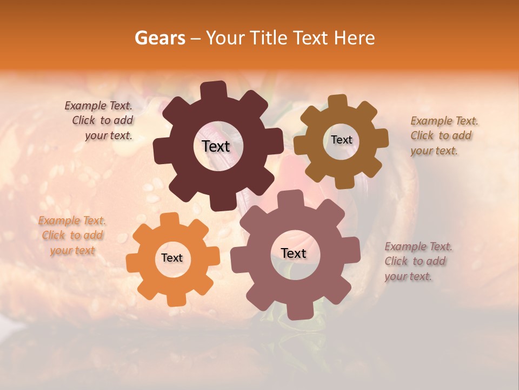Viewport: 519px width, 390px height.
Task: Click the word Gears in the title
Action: (x=159, y=38)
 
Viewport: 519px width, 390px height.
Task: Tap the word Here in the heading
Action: (x=355, y=38)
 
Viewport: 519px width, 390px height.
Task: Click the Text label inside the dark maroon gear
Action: (x=216, y=146)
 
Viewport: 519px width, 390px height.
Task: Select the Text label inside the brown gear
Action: (x=341, y=140)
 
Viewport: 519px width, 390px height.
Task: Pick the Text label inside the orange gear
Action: (x=172, y=258)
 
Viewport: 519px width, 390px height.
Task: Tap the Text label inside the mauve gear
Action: (x=294, y=253)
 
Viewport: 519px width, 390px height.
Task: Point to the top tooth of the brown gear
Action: (x=337, y=102)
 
